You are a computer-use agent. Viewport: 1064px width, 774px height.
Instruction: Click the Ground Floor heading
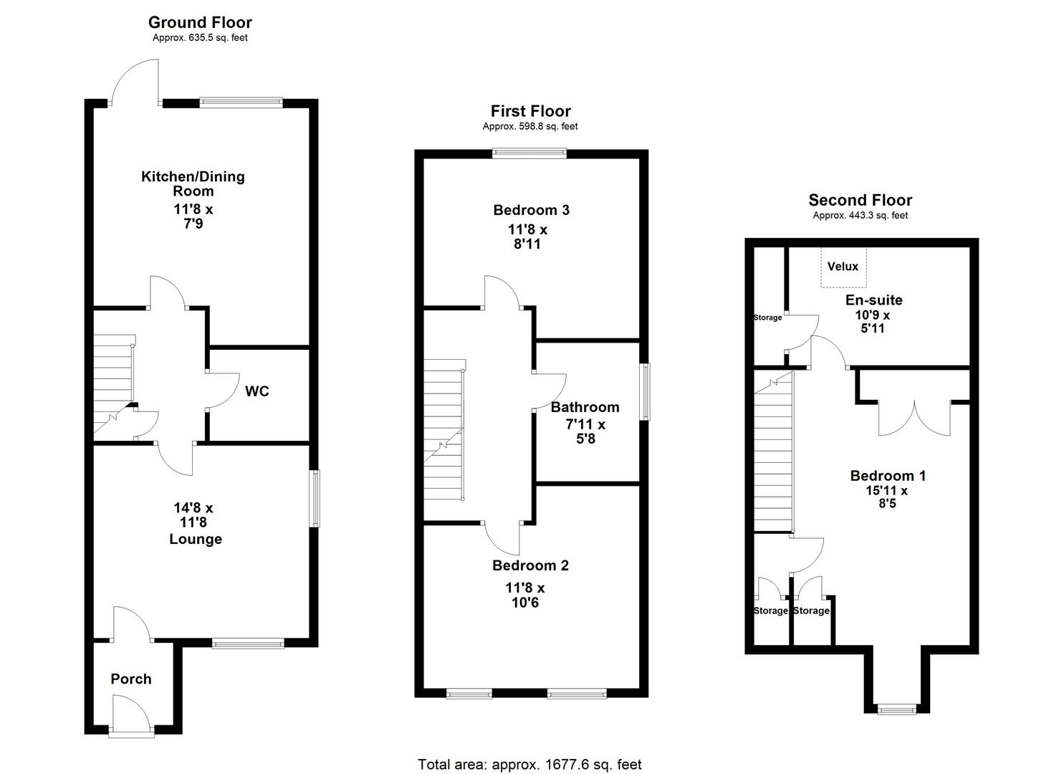point(200,23)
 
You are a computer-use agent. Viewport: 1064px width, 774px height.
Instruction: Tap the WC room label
point(257,391)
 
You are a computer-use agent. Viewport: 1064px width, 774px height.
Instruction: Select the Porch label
point(131,679)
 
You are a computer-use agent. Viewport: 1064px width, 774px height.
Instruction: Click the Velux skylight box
point(843,267)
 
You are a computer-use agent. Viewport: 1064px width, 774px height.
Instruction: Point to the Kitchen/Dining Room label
point(193,183)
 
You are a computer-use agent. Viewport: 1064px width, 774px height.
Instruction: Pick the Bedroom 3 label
point(531,210)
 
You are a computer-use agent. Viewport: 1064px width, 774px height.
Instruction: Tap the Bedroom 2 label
point(530,565)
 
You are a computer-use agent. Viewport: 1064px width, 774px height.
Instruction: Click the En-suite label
point(874,300)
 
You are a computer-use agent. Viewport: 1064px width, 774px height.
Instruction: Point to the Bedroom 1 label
point(888,476)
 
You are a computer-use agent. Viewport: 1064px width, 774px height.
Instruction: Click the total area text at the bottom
point(529,765)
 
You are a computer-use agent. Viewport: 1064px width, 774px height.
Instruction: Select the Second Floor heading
point(860,201)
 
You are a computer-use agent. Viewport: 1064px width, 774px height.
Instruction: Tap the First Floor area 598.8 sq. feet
point(530,127)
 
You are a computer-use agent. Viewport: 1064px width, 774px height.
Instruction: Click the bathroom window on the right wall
point(646,391)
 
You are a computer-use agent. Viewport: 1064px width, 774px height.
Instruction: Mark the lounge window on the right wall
point(314,499)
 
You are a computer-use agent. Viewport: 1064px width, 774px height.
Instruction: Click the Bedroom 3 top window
point(529,153)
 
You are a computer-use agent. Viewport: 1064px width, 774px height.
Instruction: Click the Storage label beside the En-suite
point(767,317)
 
